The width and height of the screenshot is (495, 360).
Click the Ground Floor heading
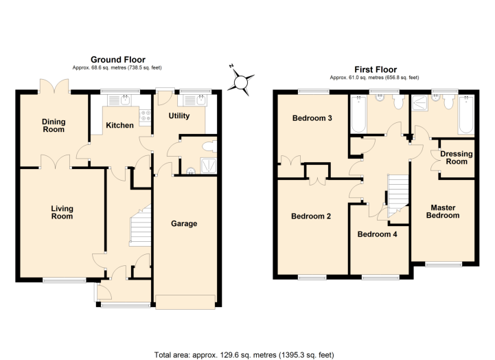118,60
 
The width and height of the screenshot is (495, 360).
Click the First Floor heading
376,69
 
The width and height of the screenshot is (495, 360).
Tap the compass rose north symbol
240,82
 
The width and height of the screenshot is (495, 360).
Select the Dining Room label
54,125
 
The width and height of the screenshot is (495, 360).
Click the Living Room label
62,212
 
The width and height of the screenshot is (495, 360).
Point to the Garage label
184,223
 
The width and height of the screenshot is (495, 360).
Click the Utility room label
179,116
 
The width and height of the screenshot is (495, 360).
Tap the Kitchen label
119,125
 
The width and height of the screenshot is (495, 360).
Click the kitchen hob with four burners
145,116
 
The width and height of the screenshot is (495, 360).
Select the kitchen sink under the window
119,100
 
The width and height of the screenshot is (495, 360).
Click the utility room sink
192,100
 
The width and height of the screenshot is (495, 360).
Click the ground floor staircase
140,225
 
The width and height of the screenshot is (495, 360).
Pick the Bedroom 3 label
312,118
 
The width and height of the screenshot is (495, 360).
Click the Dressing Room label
457,157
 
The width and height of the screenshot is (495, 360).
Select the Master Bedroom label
443,212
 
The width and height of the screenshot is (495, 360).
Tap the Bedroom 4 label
377,234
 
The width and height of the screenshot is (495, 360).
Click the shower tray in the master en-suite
420,103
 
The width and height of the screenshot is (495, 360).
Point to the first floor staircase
398,196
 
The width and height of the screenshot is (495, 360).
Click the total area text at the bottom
244,355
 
